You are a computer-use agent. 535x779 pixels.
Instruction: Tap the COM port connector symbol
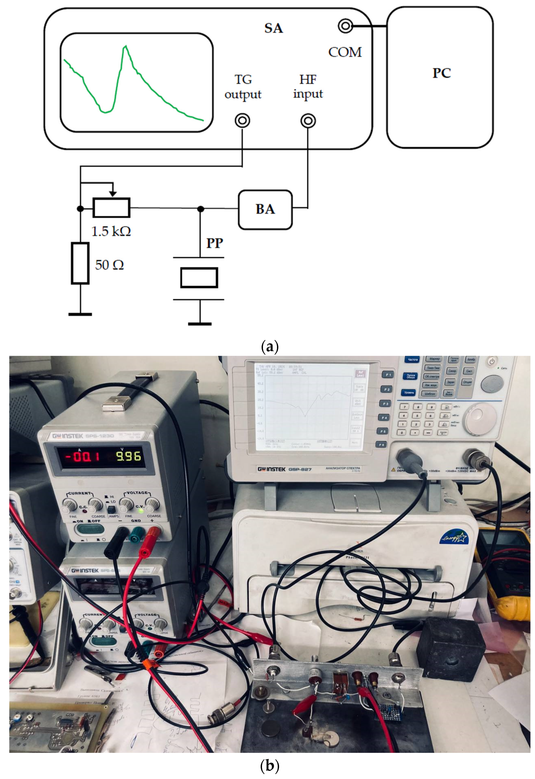[x=345, y=26]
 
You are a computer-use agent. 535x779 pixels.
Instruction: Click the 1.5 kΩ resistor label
[x=111, y=231]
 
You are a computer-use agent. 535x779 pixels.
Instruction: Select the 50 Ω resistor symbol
[x=80, y=264]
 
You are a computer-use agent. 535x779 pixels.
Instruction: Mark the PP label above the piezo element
[x=214, y=243]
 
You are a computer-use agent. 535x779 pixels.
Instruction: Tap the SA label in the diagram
[x=274, y=28]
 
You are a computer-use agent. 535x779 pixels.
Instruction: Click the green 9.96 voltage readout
[x=129, y=456]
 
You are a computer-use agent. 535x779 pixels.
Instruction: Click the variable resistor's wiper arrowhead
[x=113, y=194]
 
